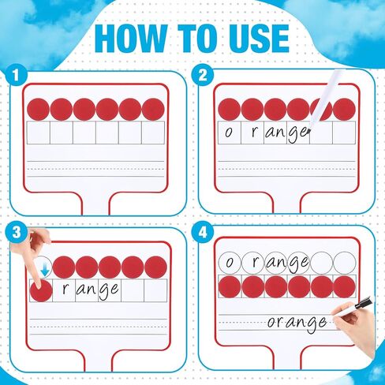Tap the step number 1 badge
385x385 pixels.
click(12, 76)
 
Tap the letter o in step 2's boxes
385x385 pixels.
click(229, 133)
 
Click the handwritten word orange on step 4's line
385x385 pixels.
click(297, 322)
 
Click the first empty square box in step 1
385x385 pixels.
click(38, 133)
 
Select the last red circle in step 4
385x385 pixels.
click(345, 286)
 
